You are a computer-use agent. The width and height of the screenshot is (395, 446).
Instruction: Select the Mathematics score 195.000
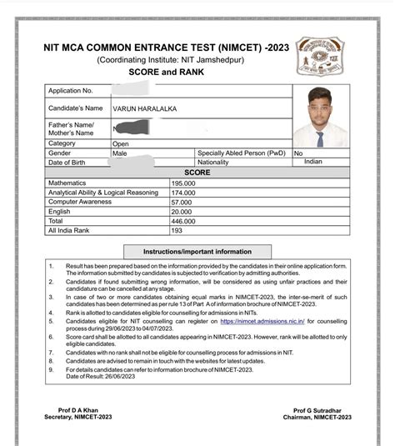(x=183, y=182)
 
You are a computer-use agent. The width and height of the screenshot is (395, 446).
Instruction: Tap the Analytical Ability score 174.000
(x=183, y=192)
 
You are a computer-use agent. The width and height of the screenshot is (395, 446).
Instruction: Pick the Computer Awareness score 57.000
(x=181, y=202)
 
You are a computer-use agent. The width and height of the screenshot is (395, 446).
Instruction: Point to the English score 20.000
(x=181, y=212)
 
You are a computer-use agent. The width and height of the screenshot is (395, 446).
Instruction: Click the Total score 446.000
(x=183, y=221)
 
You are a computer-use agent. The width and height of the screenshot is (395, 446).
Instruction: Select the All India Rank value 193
(x=177, y=230)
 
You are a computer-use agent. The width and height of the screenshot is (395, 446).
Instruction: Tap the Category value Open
(x=121, y=143)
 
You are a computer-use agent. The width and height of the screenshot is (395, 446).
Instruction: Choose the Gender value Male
(x=120, y=153)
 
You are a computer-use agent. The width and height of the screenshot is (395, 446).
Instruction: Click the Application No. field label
(x=71, y=90)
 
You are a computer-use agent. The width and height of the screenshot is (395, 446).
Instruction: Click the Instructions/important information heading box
(x=197, y=251)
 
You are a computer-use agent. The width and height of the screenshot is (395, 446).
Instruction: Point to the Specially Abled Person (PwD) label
(x=241, y=153)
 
